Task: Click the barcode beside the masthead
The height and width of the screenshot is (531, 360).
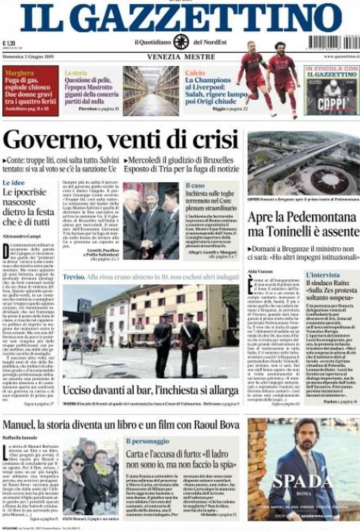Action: pyautogui.click(x=332, y=42)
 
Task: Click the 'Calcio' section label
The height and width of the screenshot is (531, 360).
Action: pyautogui.click(x=195, y=72)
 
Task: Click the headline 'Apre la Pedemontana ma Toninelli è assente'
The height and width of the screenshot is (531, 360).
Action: pyautogui.click(x=302, y=224)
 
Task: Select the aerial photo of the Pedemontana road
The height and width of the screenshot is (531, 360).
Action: pyautogui.click(x=303, y=163)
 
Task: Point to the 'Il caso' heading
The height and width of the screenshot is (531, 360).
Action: pyautogui.click(x=195, y=185)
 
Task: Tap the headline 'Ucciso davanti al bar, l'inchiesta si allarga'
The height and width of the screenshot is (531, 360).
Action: pyautogui.click(x=150, y=390)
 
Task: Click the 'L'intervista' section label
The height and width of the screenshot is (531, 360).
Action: pyautogui.click(x=322, y=275)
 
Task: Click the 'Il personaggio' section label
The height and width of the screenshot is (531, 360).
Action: pyautogui.click(x=147, y=441)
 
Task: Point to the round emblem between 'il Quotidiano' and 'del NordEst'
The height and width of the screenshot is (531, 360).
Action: pyautogui.click(x=181, y=42)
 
